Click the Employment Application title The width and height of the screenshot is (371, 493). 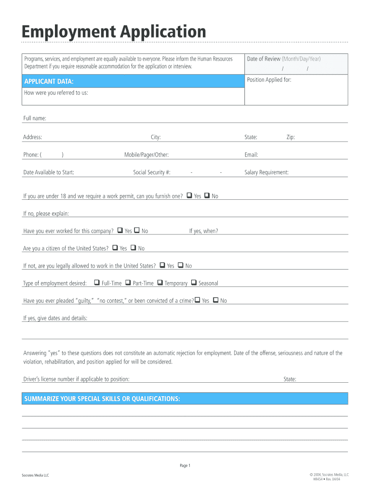point(114,32)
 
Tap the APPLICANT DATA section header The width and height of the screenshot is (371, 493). point(49,81)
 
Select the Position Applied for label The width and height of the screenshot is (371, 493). point(269,80)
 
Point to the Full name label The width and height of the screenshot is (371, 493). point(35,118)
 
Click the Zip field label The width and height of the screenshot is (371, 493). point(291,137)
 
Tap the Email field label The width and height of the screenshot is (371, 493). point(251,155)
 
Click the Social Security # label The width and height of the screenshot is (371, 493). point(152,172)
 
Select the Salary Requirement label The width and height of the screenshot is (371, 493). point(266,172)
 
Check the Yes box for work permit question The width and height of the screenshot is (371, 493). point(189,195)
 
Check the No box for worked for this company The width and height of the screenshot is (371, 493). point(137,230)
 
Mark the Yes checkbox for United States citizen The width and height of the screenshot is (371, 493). point(115,247)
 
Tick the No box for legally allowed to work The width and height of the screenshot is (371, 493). point(181,265)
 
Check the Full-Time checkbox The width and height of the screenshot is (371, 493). point(97,283)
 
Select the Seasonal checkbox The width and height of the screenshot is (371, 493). point(194,283)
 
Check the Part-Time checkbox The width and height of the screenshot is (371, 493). point(128,283)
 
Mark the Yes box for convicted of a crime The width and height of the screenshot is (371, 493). point(197,300)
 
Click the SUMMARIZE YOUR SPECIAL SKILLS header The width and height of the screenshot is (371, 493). point(102,399)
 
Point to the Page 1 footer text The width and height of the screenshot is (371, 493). point(185,466)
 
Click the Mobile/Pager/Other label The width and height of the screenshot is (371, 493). point(146,155)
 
